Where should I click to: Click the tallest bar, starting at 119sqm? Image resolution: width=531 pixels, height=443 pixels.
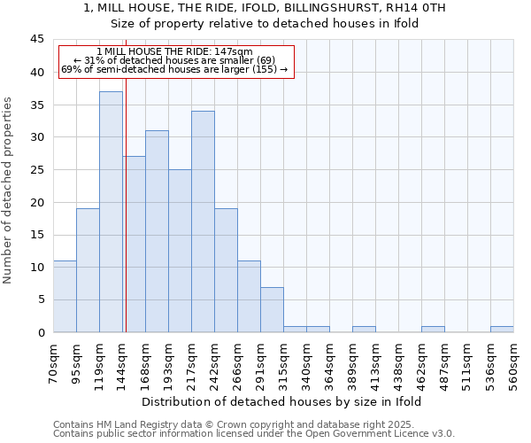coord(111,213)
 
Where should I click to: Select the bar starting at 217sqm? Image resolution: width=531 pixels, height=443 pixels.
coord(203,221)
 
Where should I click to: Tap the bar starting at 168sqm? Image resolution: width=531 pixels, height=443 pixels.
coord(157,230)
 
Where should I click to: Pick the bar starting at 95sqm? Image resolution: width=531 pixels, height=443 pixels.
coord(88,270)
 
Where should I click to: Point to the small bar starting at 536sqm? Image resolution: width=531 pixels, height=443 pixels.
coord(502,330)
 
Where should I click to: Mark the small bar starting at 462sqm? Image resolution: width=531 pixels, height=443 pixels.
coord(433,330)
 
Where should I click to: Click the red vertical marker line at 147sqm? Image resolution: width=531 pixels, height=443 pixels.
coord(126,177)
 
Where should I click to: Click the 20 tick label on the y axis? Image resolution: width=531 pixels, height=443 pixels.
coord(37,202)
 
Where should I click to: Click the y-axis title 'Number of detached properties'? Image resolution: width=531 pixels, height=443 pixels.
coord(9,190)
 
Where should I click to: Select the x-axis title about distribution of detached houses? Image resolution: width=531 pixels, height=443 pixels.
coord(281,401)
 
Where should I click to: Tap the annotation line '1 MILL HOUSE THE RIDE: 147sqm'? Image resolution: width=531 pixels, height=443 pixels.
coord(174,52)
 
